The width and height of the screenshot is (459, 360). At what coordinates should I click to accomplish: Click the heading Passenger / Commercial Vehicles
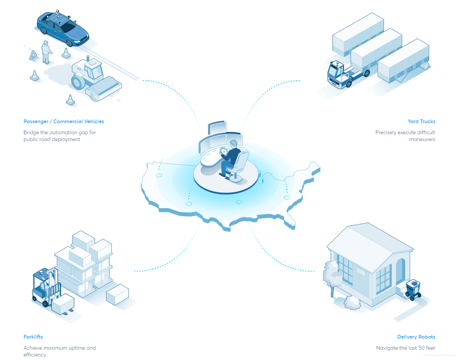point(64,121)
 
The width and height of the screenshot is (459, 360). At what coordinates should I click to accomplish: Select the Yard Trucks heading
point(421,121)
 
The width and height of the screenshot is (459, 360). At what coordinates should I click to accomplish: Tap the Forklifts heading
point(33,337)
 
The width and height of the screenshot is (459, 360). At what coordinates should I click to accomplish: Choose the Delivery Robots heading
point(416,337)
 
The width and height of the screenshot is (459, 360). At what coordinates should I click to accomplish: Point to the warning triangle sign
point(34,56)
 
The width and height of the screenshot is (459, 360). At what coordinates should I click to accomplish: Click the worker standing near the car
point(46,52)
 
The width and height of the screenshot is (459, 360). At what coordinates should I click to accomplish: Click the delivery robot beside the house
point(412,289)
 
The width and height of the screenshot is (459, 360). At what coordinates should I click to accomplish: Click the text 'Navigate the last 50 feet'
point(406,348)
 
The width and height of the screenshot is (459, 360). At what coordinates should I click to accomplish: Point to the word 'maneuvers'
point(422,139)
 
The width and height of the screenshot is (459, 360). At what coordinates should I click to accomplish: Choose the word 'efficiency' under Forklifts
point(35,355)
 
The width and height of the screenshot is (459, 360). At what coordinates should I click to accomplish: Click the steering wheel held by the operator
point(224,153)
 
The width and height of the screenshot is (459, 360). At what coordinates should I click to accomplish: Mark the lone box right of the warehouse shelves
point(117,294)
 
